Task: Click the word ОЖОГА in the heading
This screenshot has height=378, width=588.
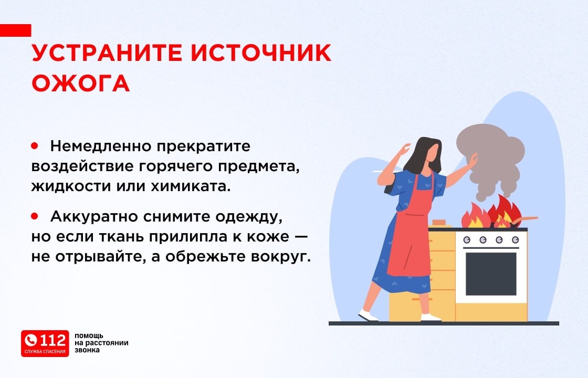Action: tap(81, 83)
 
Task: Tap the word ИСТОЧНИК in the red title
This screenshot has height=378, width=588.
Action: tap(261, 52)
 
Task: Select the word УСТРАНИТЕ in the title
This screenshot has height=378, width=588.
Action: tap(107, 52)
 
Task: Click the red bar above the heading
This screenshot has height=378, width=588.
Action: tap(15, 30)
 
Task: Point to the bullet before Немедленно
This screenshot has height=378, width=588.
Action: tap(35, 145)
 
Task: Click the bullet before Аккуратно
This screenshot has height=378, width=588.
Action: tap(35, 216)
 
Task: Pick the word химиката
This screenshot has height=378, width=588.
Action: tap(191, 186)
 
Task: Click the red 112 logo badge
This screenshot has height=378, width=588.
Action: tap(45, 343)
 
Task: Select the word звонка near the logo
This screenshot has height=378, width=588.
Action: tap(87, 350)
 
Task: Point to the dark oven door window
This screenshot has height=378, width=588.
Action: tap(491, 274)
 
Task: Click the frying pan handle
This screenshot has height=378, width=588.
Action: tap(528, 218)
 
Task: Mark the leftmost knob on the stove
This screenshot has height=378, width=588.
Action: tap(467, 239)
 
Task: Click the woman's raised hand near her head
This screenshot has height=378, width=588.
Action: tap(404, 150)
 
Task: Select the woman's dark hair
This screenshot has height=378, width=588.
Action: tap(422, 155)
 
